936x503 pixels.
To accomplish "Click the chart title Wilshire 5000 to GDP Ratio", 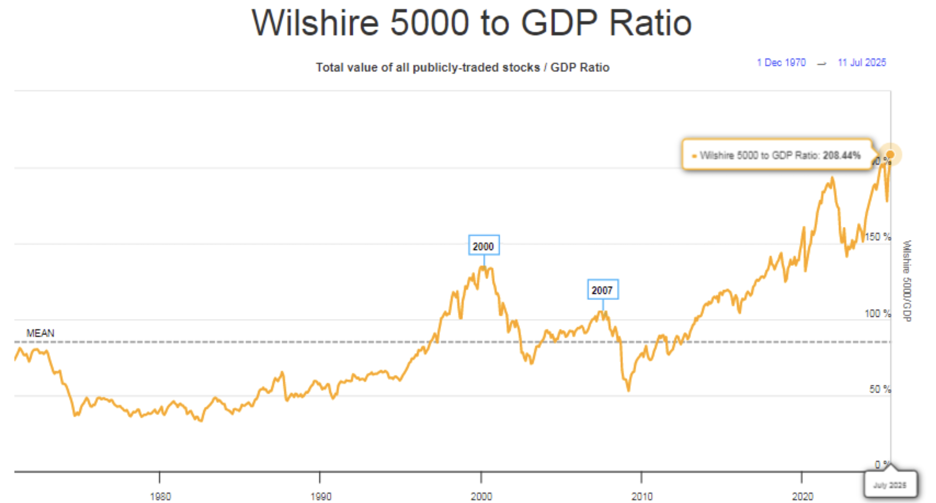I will tap(472, 22).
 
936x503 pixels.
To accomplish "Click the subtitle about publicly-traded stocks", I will tap(462, 67).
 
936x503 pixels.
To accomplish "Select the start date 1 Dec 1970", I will tap(781, 63).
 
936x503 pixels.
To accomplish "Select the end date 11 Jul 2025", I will tap(861, 63).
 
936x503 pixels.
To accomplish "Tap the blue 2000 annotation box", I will tap(484, 246).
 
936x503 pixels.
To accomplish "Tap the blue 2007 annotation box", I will tap(602, 290).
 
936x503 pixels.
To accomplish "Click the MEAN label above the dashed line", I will tap(40, 333).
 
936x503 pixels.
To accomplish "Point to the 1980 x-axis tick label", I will tap(160, 496).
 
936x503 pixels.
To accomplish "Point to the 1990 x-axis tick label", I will tap(320, 496).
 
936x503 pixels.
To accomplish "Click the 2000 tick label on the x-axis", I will tap(481, 496).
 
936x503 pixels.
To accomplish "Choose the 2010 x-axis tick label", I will tap(641, 496).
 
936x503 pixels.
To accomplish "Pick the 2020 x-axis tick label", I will tap(802, 496).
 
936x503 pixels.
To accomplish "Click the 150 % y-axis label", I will tap(878, 237).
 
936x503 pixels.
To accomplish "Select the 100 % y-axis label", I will tap(878, 313).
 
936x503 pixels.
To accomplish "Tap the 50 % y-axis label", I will tap(880, 389).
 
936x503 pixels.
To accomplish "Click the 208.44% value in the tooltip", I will tap(841, 155).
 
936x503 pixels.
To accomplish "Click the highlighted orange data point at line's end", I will tap(890, 155).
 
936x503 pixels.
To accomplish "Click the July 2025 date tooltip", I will tap(890, 485).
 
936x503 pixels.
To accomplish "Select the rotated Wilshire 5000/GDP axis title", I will tap(906, 280).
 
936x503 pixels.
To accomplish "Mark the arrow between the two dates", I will tap(821, 63).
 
